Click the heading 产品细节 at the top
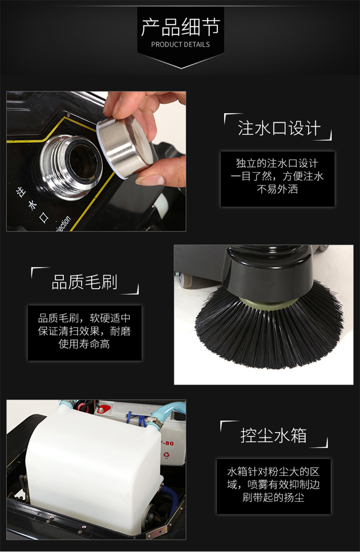click(180, 27)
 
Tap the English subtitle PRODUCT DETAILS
click(180, 45)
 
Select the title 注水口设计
click(279, 128)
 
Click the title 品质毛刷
click(84, 282)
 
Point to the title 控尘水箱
click(273, 435)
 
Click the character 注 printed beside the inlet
click(21, 192)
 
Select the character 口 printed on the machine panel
click(44, 217)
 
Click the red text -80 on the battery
click(168, 443)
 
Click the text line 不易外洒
click(278, 189)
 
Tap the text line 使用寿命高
click(84, 344)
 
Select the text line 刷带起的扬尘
click(273, 497)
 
